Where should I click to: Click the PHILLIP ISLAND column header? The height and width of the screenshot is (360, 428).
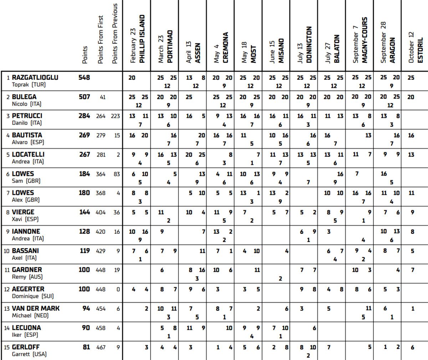(x=142, y=39)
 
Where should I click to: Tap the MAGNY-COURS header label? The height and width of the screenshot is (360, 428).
(x=364, y=40)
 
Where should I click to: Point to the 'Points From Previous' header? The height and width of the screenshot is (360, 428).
(x=114, y=34)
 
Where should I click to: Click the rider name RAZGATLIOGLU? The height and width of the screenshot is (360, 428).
(x=35, y=77)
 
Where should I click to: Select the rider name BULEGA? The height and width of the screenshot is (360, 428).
(x=24, y=97)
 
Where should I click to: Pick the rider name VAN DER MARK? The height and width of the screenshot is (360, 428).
(x=36, y=308)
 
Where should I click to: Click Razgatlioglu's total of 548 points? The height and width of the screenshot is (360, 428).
(x=84, y=77)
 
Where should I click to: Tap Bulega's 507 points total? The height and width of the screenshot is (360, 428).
(x=84, y=97)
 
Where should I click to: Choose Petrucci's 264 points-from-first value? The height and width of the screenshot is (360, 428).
(x=101, y=116)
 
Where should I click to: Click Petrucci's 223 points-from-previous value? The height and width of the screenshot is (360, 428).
(x=115, y=116)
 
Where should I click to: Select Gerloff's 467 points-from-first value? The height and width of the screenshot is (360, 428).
(x=101, y=347)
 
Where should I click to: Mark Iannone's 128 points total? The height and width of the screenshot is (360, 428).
(x=84, y=232)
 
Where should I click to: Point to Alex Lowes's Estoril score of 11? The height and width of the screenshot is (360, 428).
(x=411, y=193)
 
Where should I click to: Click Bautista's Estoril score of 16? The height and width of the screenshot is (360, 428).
(x=411, y=135)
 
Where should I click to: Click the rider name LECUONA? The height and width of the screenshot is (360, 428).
(x=26, y=328)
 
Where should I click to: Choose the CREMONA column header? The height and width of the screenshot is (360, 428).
(x=225, y=48)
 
